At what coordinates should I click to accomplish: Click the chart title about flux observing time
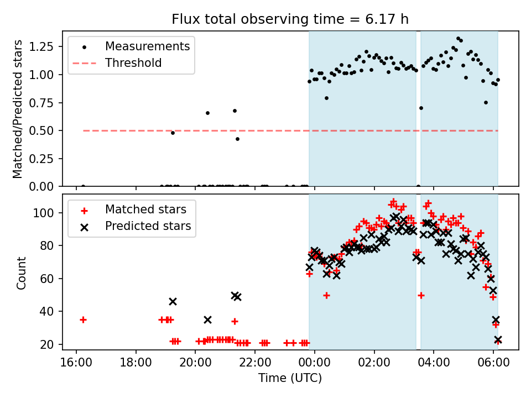point(290,20)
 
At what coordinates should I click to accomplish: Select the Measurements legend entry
point(148,46)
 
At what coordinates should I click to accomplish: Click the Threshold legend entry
point(133,63)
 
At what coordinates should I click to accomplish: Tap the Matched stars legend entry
point(145,210)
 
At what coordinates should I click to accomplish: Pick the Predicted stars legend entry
point(148,226)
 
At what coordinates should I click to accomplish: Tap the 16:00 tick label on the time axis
point(76,364)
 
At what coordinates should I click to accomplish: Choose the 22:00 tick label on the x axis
point(255,364)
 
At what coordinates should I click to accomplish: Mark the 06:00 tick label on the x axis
point(493,364)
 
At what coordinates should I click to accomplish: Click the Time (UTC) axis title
point(290,379)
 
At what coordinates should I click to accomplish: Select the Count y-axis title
point(22,273)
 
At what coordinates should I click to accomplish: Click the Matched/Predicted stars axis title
point(18,109)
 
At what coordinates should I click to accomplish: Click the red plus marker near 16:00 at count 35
point(83,320)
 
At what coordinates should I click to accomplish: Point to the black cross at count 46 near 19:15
point(173,301)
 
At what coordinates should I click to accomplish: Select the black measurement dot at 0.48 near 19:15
point(173,133)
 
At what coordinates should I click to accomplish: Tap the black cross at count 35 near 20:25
point(207,320)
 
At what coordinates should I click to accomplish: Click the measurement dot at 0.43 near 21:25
point(237,139)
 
